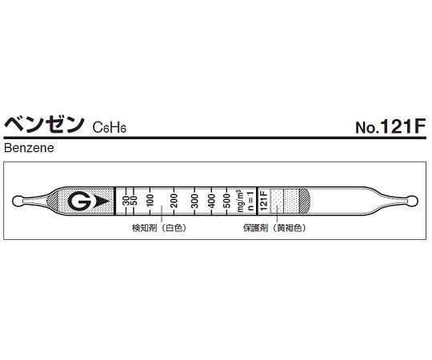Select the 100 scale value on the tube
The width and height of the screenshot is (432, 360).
150,201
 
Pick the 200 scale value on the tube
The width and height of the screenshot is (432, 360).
173,201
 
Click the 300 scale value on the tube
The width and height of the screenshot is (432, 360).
195,201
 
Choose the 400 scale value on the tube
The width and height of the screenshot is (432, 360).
212,201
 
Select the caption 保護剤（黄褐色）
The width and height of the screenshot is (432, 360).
275,228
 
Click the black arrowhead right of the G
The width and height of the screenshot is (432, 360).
99,201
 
